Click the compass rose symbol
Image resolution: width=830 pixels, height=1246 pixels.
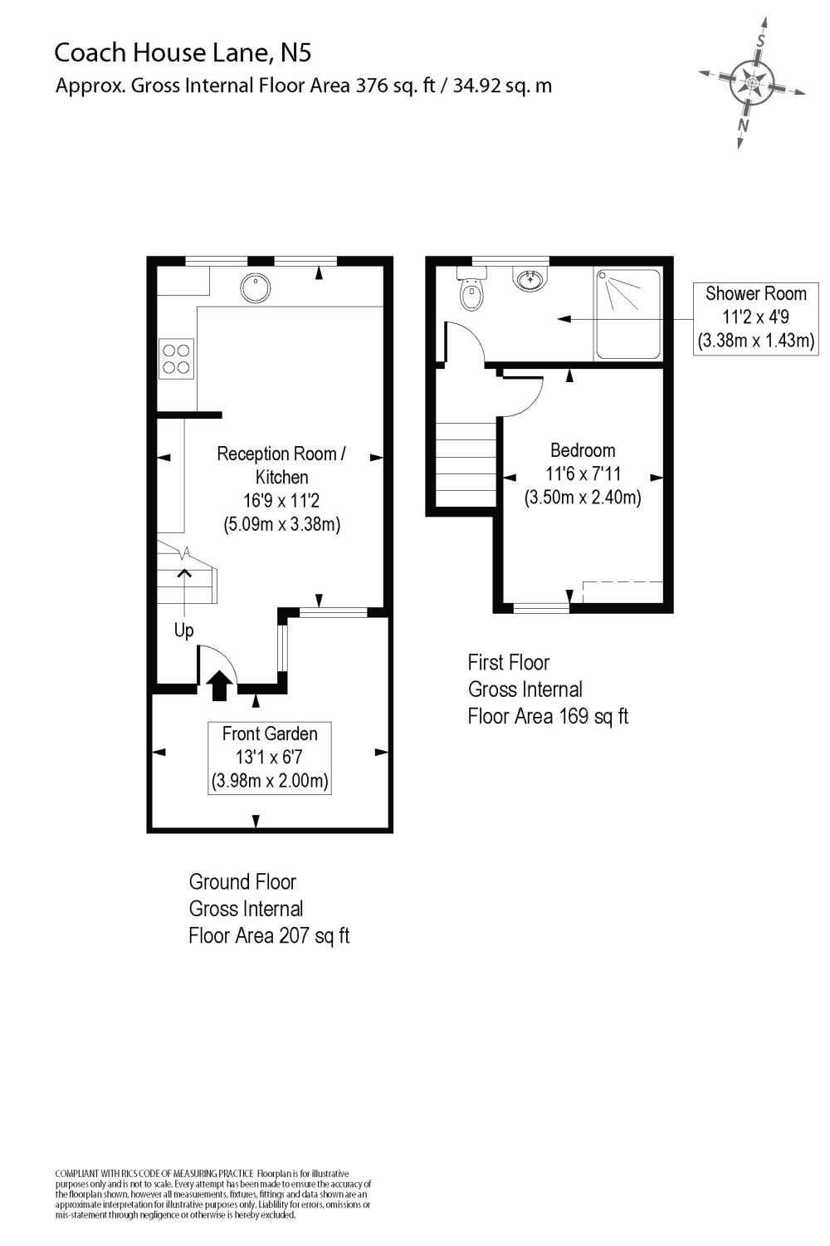coord(752,82)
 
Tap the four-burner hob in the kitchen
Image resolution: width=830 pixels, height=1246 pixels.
coord(176,359)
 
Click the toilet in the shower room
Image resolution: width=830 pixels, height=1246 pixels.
coord(471,290)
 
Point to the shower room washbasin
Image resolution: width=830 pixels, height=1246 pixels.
coord(530,279)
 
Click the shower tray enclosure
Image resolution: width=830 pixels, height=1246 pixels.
coord(628,314)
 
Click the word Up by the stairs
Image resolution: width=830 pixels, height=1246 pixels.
coord(183,630)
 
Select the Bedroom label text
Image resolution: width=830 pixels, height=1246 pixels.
coord(583,450)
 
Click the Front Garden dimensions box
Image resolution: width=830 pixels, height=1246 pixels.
coord(270,758)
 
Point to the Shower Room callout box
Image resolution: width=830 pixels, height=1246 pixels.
coord(755,318)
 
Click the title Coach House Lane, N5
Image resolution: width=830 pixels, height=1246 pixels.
coord(183,53)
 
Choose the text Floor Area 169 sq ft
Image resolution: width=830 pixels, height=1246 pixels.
coord(548,716)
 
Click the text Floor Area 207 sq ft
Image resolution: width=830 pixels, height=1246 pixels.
coord(269,935)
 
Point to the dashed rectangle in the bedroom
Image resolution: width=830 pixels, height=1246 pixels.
coord(622,592)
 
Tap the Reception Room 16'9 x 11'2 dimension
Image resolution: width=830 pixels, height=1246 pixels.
coord(281,501)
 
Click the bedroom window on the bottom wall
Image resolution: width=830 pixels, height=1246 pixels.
coord(541,608)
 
